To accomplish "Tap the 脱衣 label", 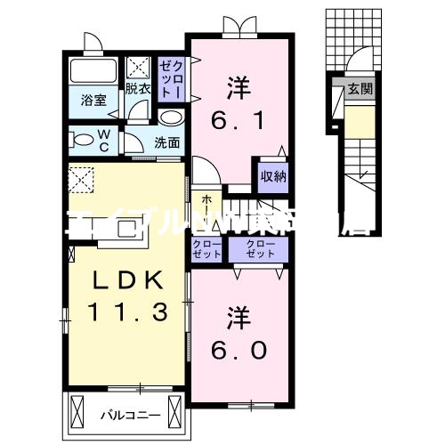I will pos(137,87).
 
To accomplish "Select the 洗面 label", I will pos(166,142).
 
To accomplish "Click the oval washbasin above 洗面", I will pos(170,118).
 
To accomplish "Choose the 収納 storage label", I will pos(273,175).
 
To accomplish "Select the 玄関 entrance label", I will pos(360,89).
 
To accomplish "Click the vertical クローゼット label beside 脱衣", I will pos(171,79).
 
